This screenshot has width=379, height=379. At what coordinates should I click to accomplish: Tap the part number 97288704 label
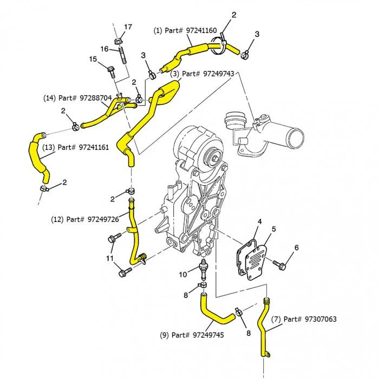77,98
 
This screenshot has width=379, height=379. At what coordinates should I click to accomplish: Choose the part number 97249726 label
84,219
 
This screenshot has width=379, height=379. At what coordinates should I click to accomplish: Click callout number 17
128,27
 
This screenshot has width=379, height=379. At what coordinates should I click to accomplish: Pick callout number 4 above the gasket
260,221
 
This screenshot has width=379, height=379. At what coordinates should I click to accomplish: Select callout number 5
273,229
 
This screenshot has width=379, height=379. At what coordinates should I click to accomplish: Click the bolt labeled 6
279,264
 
